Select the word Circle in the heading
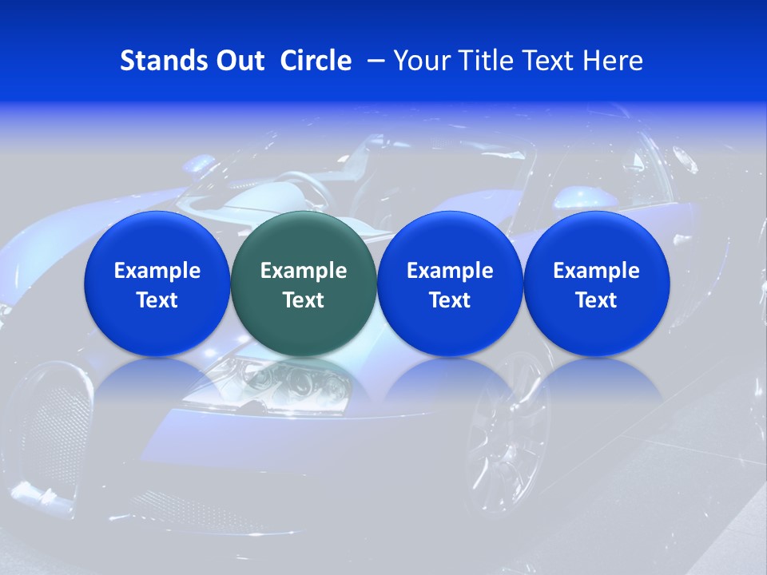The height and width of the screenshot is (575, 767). (x=316, y=61)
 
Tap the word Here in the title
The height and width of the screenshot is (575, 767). (x=614, y=61)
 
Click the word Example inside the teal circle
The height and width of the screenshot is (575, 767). (x=304, y=271)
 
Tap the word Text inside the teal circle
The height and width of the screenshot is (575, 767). (x=304, y=300)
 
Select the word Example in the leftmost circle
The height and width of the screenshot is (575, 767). (x=157, y=271)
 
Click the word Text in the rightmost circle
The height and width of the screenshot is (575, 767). (x=597, y=300)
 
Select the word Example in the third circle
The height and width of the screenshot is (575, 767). (x=450, y=271)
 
